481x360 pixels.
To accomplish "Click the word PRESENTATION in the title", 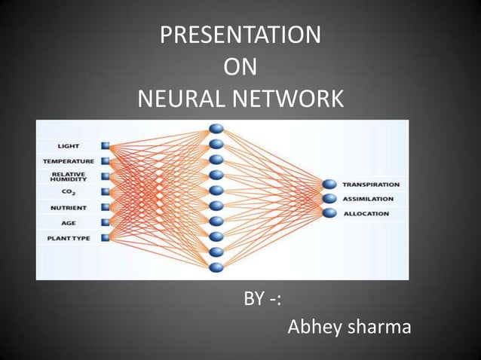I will click(240, 35).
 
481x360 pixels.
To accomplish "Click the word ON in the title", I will click(240, 67).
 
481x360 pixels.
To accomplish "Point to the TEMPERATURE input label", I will click(68, 161).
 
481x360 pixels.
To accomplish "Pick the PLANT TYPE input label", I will click(68, 239).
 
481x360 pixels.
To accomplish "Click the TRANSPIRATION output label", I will click(371, 185).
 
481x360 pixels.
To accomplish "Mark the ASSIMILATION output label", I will click(368, 199).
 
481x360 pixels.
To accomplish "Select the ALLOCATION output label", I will click(366, 214).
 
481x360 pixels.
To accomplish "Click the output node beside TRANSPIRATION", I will click(329, 185).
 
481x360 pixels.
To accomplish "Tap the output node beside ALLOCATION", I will click(329, 213).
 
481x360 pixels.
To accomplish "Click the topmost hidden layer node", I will click(216, 129).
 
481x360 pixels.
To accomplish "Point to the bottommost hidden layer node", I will click(216, 267).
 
